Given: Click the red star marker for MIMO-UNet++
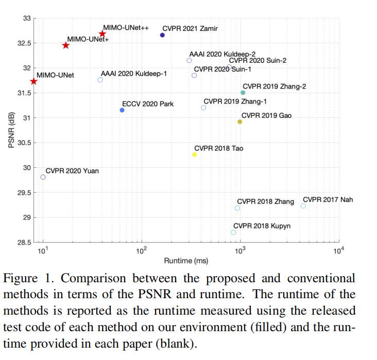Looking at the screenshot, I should coord(102,34).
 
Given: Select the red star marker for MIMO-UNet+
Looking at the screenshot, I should coord(66,45).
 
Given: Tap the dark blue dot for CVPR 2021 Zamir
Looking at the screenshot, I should coord(162,35).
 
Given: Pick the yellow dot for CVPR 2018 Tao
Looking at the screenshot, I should coord(194,155).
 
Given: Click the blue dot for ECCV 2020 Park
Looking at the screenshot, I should coord(122,110).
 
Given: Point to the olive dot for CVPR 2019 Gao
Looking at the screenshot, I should coord(239,122).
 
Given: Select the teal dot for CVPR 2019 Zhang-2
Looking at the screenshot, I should coord(243,93).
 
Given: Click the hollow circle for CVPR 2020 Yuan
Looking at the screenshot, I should coord(43,177).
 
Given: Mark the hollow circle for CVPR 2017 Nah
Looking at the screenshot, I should coord(303,206).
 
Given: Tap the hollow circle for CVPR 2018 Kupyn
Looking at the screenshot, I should coord(233,232).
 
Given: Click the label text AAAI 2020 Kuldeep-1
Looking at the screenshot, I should coord(134,74).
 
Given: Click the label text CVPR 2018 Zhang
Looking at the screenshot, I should coord(265,201).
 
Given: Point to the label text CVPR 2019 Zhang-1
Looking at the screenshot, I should coord(235,102).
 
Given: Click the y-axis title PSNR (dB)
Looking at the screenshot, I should coord(11,130).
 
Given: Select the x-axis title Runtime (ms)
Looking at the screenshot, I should coord(186,261).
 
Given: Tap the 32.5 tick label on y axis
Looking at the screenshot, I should coord(23,43).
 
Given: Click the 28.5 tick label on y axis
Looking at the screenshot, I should coord(23,242).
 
